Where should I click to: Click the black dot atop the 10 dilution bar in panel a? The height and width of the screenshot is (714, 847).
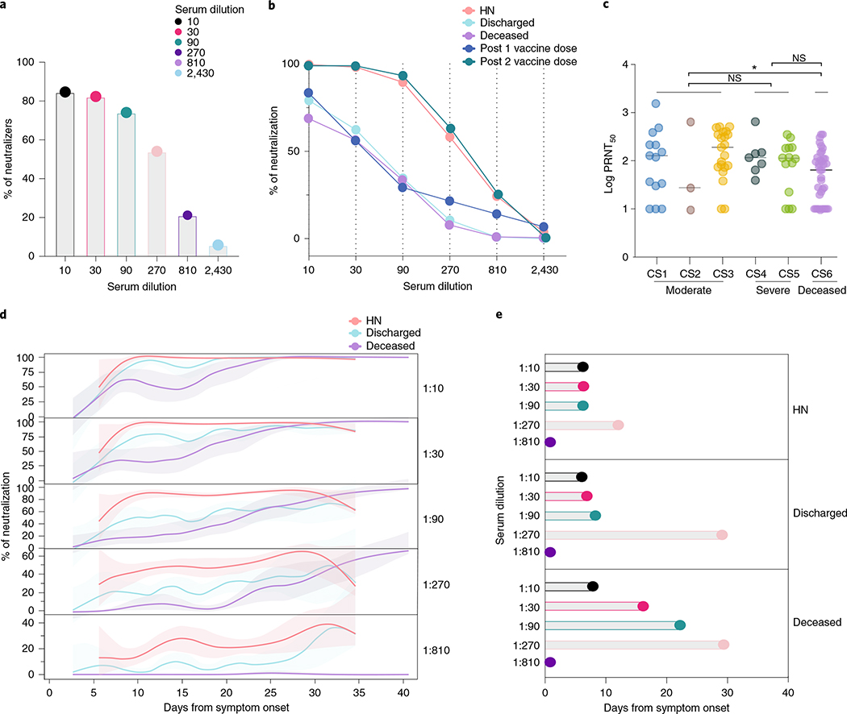pyautogui.click(x=65, y=92)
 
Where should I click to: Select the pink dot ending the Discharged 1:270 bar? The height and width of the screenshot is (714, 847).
pyautogui.click(x=722, y=535)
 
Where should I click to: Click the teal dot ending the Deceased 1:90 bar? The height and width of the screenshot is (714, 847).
pyautogui.click(x=679, y=625)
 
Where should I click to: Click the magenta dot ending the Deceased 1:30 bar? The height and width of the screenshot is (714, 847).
pyautogui.click(x=643, y=606)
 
